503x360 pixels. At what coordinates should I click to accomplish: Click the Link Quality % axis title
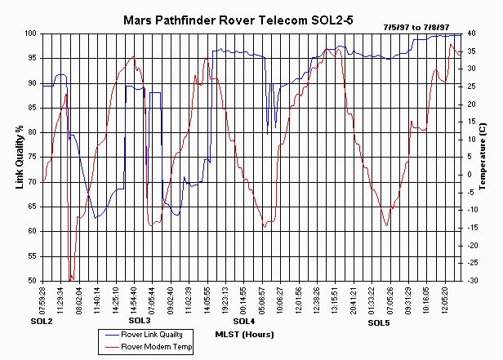point(20,158)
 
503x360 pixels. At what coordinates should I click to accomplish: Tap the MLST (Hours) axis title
point(244,334)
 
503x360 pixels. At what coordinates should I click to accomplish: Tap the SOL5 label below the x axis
point(379,323)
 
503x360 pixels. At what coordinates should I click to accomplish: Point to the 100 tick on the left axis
point(31,33)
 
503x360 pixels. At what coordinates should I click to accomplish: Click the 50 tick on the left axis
point(33,281)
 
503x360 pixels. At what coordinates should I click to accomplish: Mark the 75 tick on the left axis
point(33,157)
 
